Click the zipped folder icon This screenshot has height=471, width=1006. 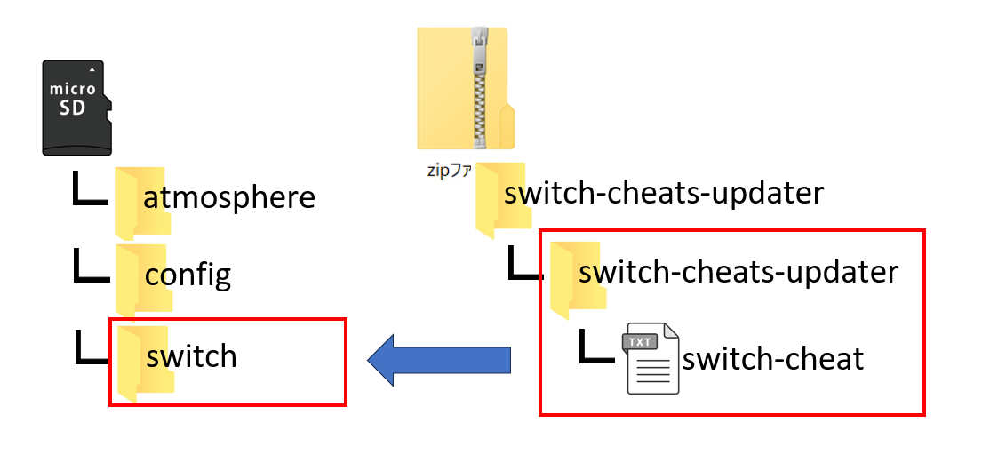click(x=464, y=88)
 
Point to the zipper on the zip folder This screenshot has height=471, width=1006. click(x=480, y=89)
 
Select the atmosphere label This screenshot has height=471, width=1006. click(x=229, y=196)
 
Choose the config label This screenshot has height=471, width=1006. click(x=188, y=275)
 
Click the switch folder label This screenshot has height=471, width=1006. click(x=192, y=355)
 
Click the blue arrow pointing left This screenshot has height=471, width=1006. click(x=439, y=360)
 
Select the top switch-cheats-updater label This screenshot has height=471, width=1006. click(x=664, y=193)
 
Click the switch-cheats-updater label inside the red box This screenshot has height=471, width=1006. click(x=739, y=271)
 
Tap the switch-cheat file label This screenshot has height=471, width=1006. click(x=772, y=358)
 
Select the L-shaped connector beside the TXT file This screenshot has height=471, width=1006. click(x=596, y=347)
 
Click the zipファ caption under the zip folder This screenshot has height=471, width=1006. click(x=450, y=170)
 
